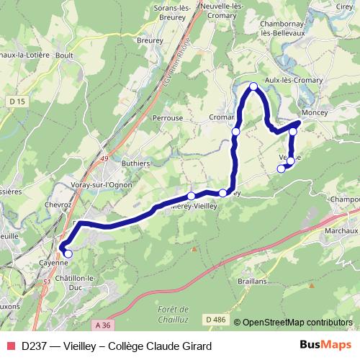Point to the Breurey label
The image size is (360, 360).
150,41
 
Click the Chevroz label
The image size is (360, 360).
58,204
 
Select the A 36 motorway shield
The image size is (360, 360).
104,325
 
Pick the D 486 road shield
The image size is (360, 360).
215,319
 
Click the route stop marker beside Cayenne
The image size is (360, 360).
68,253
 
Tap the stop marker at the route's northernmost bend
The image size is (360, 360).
253,87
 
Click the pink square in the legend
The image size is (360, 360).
11,346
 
